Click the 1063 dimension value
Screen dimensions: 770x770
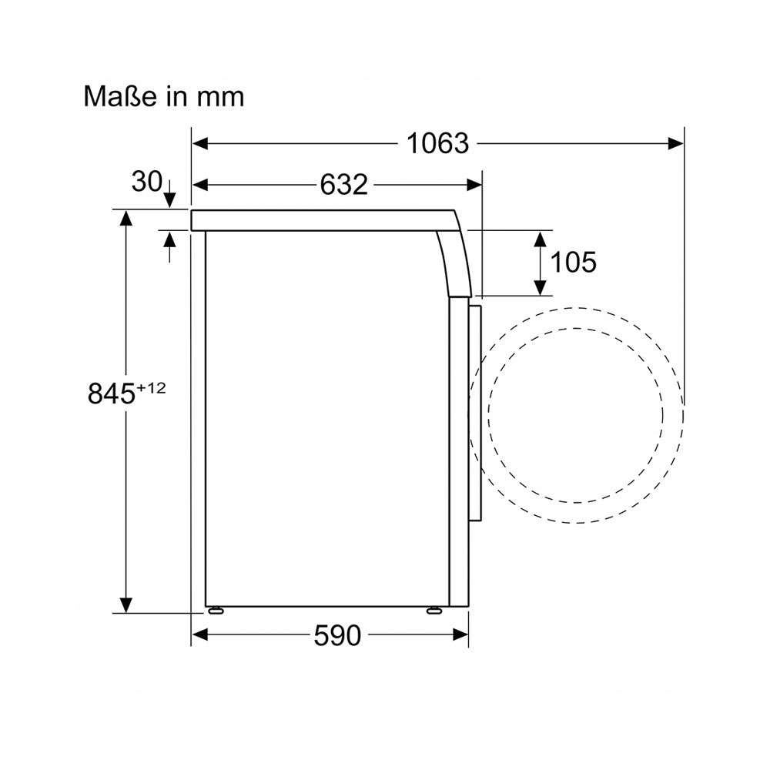(437, 143)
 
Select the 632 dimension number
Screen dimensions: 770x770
(343, 185)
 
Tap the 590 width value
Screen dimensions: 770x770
(337, 635)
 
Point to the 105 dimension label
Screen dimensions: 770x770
(573, 262)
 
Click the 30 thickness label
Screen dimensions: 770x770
(146, 181)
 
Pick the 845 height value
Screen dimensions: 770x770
(112, 393)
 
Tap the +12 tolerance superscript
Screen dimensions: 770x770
(151, 388)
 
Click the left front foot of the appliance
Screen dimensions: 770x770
(216, 611)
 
